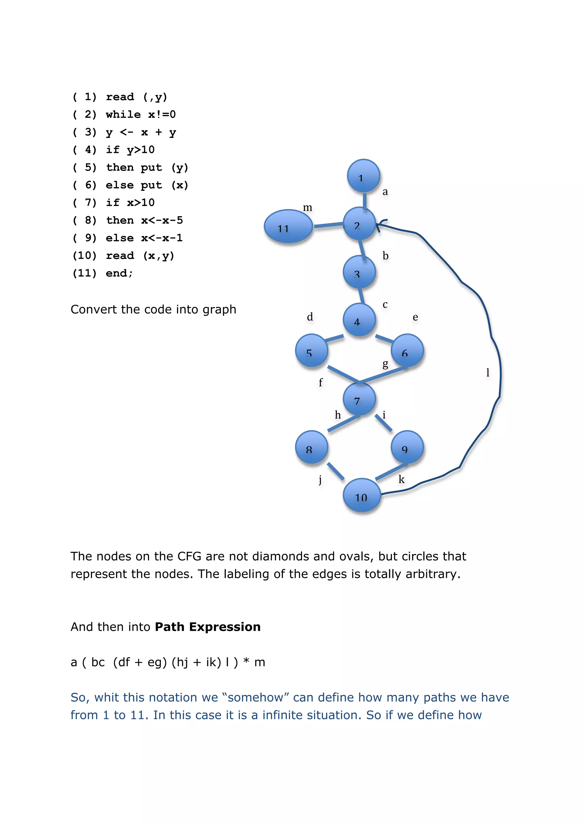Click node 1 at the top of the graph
point(363,176)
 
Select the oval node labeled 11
point(288,226)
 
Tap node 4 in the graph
point(359,320)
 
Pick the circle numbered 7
point(359,399)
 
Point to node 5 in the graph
point(311,350)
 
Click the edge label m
point(307,208)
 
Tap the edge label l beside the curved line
point(487,372)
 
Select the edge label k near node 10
point(401,479)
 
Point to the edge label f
point(321,382)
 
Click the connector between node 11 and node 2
point(328,225)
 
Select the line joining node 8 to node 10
point(336,471)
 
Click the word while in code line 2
point(123,115)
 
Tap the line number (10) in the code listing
point(85,255)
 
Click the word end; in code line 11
point(119,273)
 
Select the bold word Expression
point(225,627)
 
